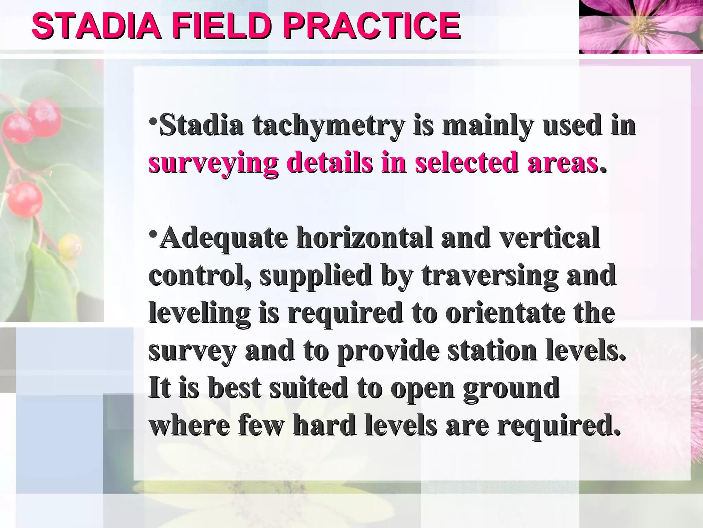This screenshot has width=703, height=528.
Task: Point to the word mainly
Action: (x=488, y=126)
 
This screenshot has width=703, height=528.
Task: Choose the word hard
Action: (x=324, y=426)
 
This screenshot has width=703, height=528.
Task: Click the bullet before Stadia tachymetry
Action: (x=153, y=122)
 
